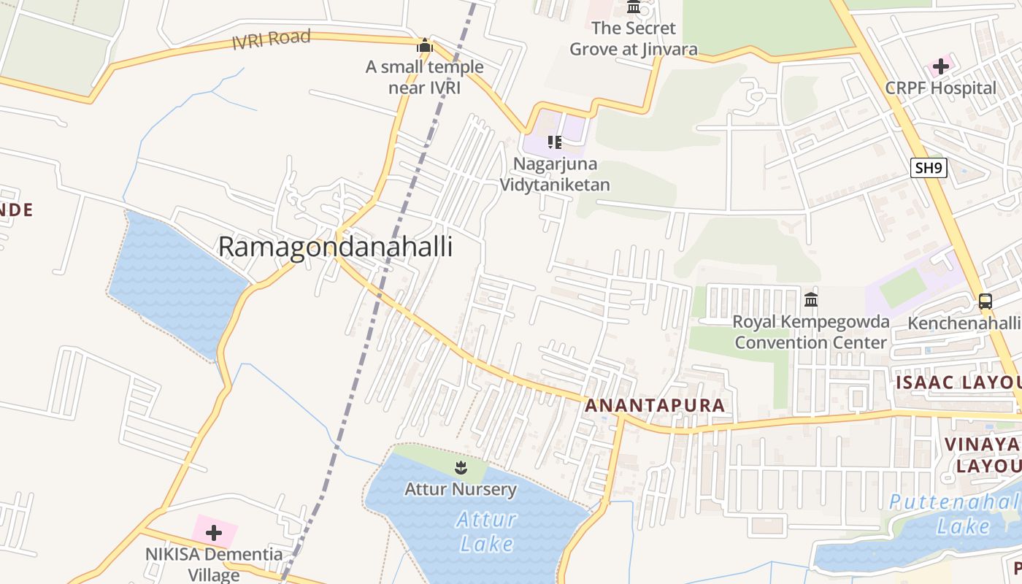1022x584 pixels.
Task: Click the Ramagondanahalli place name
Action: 335,247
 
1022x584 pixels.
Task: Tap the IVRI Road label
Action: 271,39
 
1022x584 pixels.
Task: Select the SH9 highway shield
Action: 929,168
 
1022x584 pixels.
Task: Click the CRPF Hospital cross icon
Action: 940,66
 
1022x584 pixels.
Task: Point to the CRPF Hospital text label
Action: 940,88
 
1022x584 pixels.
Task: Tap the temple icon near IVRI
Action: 424,46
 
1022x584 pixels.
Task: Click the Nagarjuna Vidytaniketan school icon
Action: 555,142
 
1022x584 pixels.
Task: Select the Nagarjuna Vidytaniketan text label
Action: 555,174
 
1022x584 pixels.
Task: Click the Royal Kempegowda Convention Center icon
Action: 810,299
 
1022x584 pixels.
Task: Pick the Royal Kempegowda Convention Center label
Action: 810,332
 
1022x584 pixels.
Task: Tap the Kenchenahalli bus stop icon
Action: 985,301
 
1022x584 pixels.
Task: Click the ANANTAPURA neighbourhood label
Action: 655,406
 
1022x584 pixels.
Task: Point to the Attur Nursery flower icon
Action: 460,467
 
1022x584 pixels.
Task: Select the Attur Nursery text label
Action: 461,489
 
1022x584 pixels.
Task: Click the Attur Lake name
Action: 486,531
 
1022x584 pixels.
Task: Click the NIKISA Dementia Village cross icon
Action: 214,533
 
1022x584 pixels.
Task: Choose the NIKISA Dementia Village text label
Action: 214,564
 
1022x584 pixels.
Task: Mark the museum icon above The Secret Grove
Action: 634,7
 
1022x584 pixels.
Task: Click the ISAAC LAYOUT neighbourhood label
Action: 958,383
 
